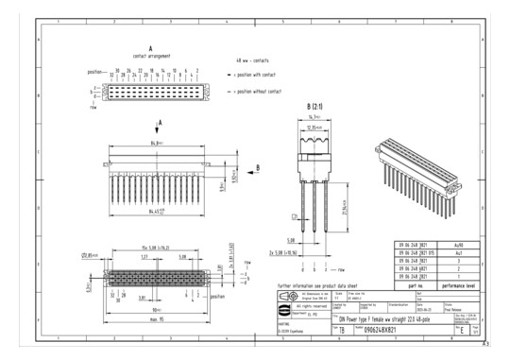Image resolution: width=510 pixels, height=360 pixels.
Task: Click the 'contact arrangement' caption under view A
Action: [x=152, y=57]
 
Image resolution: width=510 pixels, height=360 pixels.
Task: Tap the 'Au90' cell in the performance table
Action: [x=458, y=245]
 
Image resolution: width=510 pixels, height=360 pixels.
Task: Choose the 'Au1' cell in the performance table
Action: [x=458, y=252]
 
